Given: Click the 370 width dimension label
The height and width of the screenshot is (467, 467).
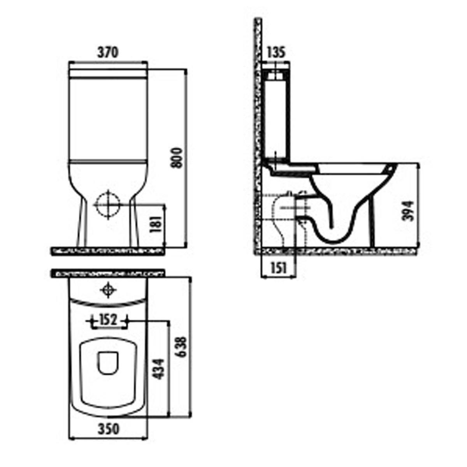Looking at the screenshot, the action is [x=108, y=53].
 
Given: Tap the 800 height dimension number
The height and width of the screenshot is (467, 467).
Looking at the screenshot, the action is [x=176, y=158].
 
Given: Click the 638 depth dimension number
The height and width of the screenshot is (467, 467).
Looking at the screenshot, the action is [x=182, y=347].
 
